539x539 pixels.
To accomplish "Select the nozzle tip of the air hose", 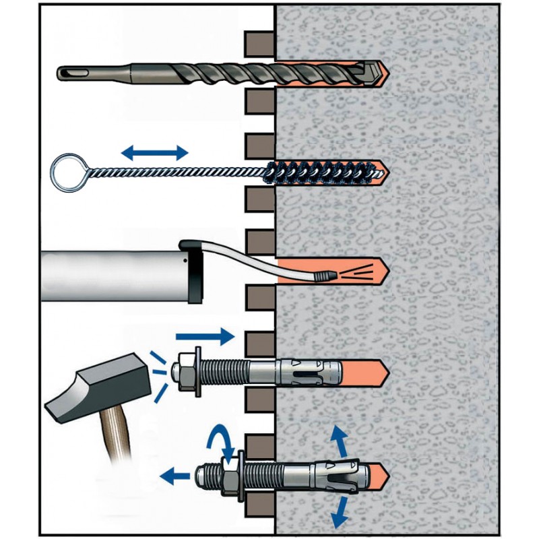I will [327, 275].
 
